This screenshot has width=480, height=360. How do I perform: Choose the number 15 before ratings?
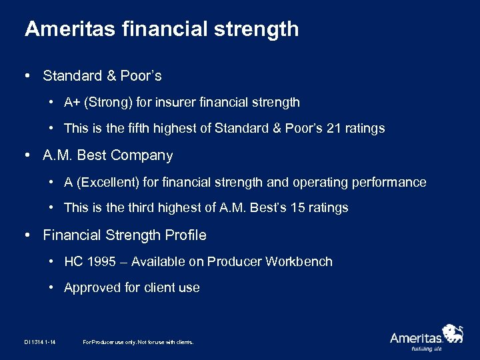click(298, 208)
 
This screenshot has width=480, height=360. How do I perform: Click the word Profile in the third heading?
click(185, 235)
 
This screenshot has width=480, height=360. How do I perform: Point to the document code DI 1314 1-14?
click(39, 342)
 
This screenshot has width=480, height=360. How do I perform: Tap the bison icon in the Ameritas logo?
click(453, 333)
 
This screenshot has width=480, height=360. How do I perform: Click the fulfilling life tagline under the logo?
click(427, 348)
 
